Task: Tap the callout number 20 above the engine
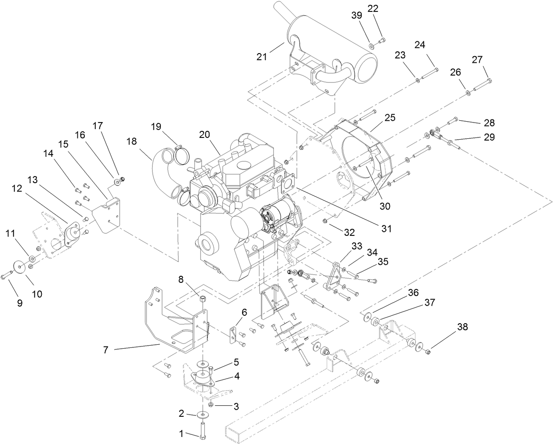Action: point(204,135)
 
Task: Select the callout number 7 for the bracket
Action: point(106,350)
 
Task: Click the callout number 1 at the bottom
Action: point(181,434)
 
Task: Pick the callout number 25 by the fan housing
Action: point(389,118)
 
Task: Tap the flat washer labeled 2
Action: point(203,414)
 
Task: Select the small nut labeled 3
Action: point(211,404)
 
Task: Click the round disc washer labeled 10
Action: point(19,267)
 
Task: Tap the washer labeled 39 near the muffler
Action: point(372,45)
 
